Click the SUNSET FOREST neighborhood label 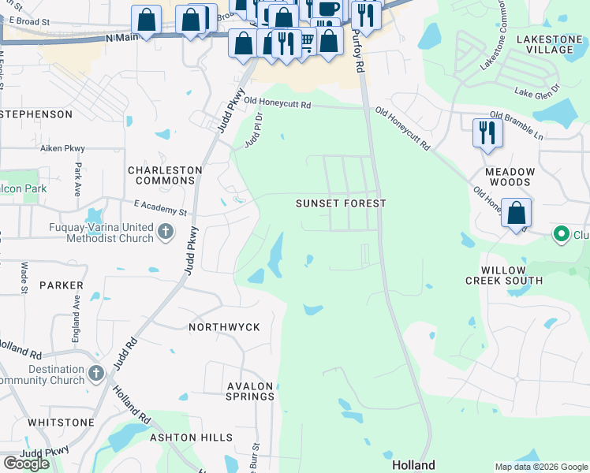coord(341,203)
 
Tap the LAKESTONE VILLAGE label coord(544,44)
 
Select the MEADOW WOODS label coord(510,177)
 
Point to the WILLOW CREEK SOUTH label coord(503,274)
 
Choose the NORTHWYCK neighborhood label coord(224,326)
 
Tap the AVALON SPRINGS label coord(250,391)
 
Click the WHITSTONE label coord(61,423)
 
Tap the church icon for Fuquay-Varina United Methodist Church coord(165,232)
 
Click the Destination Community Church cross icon coord(96,372)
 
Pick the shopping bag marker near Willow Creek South coord(516,213)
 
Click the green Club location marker coord(562,233)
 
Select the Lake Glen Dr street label coord(536,91)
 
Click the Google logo coord(26,464)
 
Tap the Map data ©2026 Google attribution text coord(541,467)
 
